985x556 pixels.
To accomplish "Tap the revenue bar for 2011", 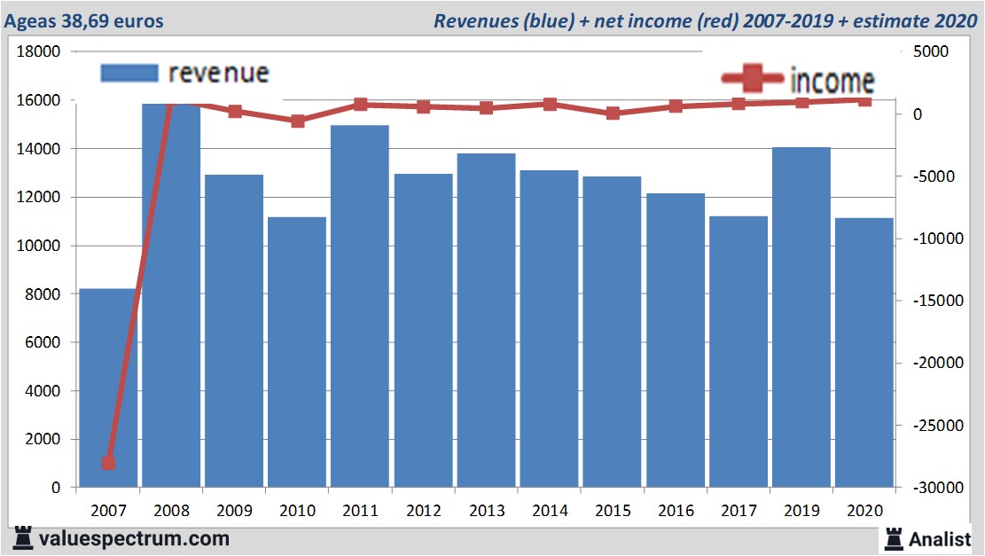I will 360,306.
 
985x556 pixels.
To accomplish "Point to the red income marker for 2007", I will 109,463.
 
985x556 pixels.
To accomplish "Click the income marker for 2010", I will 298,121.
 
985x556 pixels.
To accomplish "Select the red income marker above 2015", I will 613,114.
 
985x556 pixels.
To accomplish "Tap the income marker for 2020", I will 864,100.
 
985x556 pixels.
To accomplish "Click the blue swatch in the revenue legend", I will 129,73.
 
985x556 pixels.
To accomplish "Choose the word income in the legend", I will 832,81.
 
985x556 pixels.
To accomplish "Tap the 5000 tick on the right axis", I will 931,52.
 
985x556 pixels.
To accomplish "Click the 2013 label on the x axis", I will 487,512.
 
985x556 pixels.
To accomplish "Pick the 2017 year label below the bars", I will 739,512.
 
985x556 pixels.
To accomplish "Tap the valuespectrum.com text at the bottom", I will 133,538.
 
